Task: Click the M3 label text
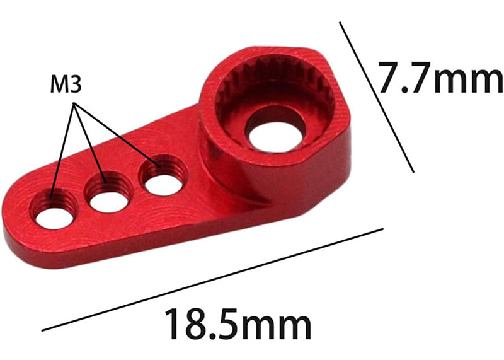coord(64,85)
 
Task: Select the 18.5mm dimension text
coord(238,324)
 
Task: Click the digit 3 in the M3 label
coord(76,85)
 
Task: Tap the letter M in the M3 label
coord(58,85)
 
